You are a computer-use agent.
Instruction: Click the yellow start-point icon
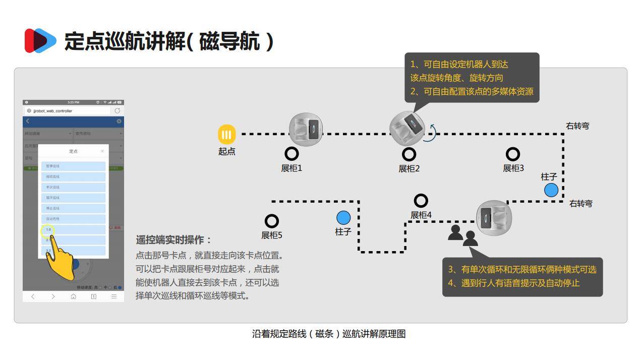click(226, 134)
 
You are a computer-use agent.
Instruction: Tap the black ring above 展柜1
click(291, 154)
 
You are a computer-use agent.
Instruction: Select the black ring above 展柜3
click(512, 154)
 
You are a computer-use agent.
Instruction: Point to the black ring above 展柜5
click(272, 221)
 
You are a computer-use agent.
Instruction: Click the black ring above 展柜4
click(421, 201)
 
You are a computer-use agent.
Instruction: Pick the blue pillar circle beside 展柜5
click(343, 218)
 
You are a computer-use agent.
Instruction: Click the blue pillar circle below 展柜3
click(551, 190)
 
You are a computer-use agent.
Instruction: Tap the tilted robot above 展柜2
click(406, 129)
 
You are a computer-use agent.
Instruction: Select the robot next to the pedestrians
click(494, 218)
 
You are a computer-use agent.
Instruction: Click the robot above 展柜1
click(306, 130)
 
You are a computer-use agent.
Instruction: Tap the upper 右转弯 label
click(577, 126)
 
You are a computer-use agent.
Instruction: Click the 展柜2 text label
click(409, 168)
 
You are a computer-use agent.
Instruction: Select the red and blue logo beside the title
click(40, 40)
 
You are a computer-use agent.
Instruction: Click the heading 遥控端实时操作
click(174, 240)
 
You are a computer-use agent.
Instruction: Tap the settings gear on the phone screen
click(119, 122)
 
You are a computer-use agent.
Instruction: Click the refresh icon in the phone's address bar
click(118, 110)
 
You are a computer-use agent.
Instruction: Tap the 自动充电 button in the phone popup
click(73, 219)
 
